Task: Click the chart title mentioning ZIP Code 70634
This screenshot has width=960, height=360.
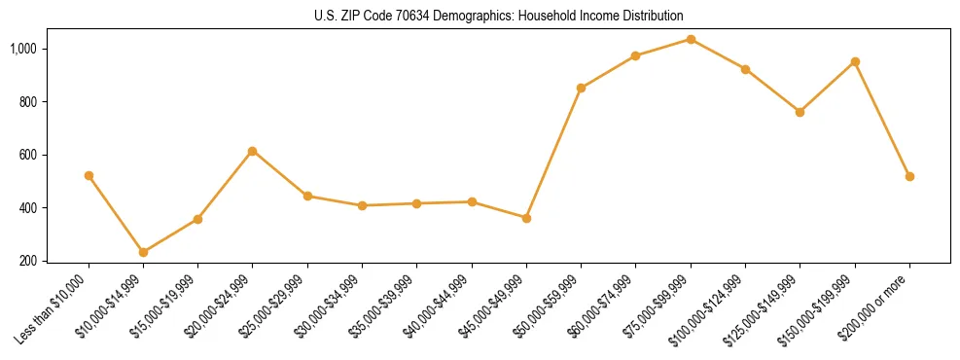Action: (499, 16)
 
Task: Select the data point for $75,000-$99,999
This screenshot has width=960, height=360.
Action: (691, 39)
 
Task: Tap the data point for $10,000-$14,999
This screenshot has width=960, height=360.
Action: (143, 252)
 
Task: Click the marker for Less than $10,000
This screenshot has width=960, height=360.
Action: (89, 175)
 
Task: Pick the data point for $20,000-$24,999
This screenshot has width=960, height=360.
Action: (252, 151)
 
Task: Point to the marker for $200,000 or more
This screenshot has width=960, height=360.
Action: (909, 176)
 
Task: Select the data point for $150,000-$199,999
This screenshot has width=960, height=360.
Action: (855, 61)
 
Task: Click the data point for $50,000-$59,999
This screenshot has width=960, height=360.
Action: (581, 88)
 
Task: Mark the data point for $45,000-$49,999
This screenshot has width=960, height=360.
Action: (526, 218)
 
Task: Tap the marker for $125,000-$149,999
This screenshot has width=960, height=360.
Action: (800, 112)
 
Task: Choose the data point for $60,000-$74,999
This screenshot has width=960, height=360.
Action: (635, 55)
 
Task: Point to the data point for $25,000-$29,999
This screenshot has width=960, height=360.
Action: (307, 196)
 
